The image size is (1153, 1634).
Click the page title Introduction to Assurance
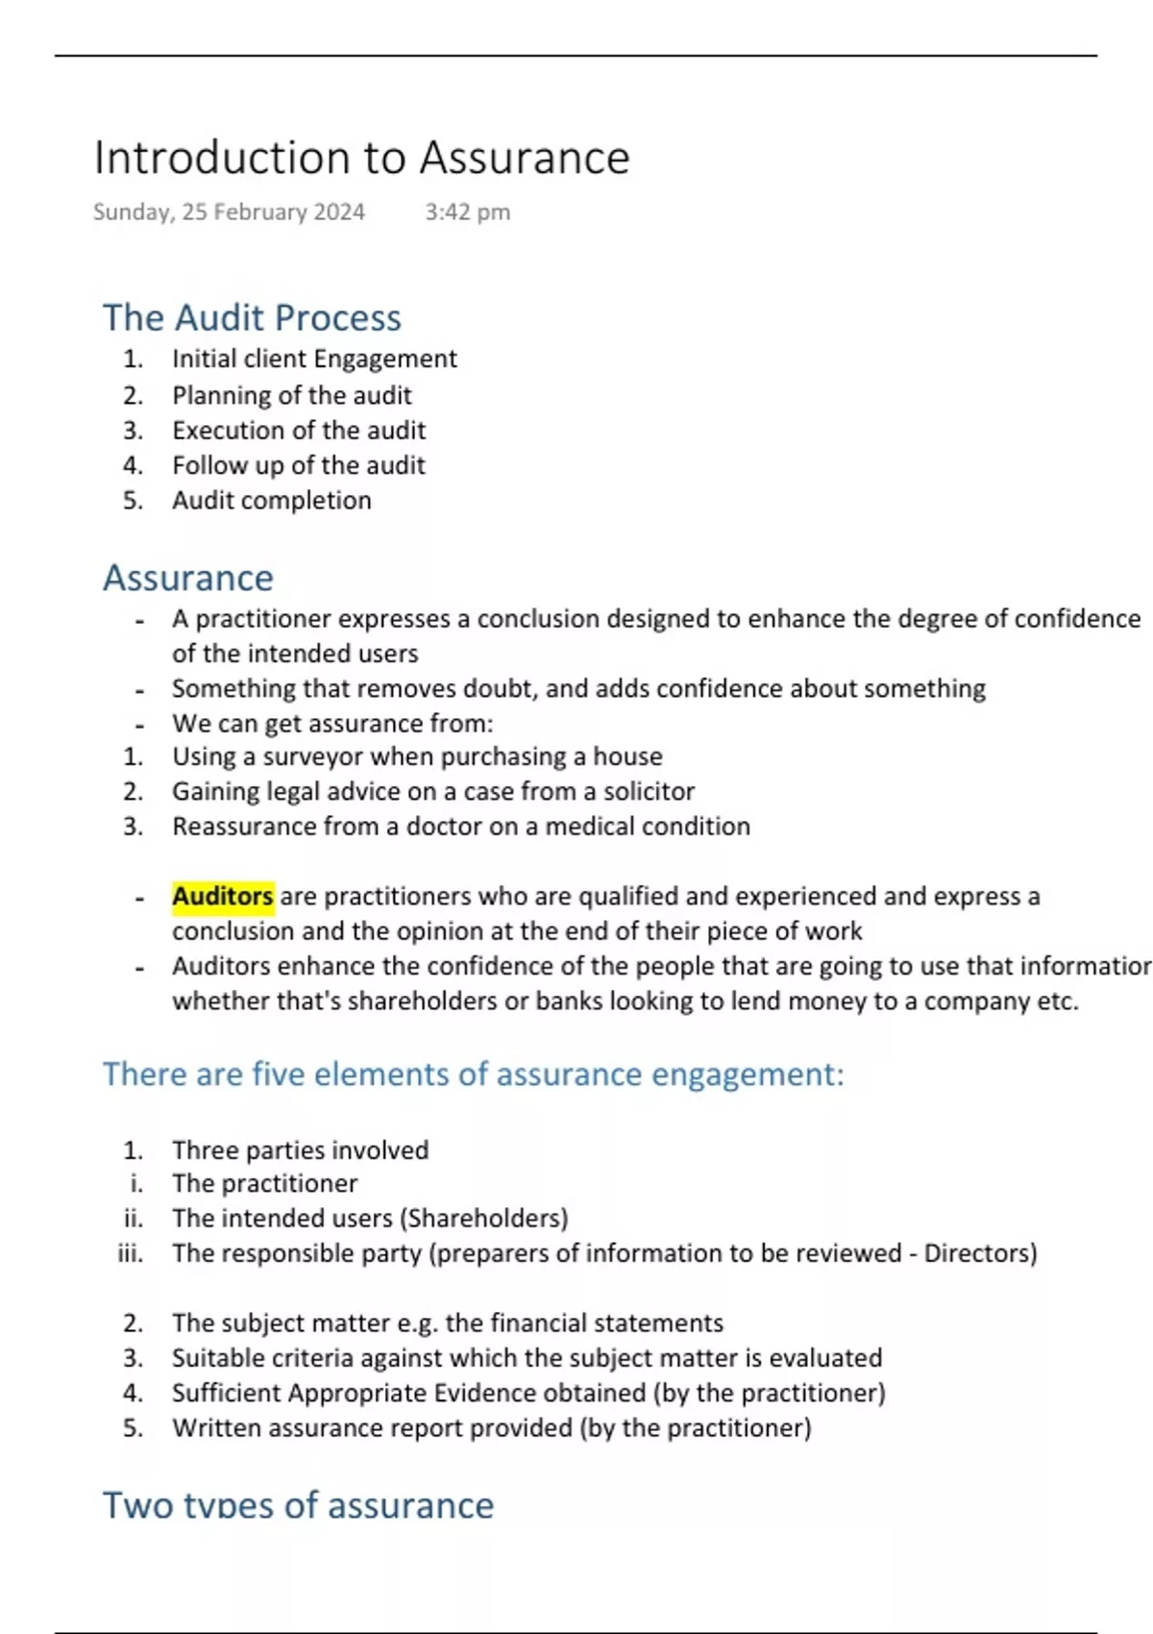[x=361, y=158]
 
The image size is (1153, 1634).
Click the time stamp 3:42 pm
[x=467, y=212]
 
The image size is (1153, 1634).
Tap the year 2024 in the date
[x=338, y=212]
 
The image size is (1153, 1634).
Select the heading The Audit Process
[x=252, y=318]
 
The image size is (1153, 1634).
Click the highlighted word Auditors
[x=223, y=897]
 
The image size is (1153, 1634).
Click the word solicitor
[x=649, y=792]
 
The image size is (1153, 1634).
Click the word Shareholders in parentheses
[x=484, y=1219]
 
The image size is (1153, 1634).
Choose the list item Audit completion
[x=271, y=501]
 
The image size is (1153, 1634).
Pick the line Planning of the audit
[x=291, y=396]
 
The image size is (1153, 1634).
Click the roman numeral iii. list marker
[x=131, y=1253]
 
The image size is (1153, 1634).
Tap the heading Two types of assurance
[x=298, y=1505]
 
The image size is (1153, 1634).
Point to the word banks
[x=568, y=1002]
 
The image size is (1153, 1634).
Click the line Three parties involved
[x=300, y=1151]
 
